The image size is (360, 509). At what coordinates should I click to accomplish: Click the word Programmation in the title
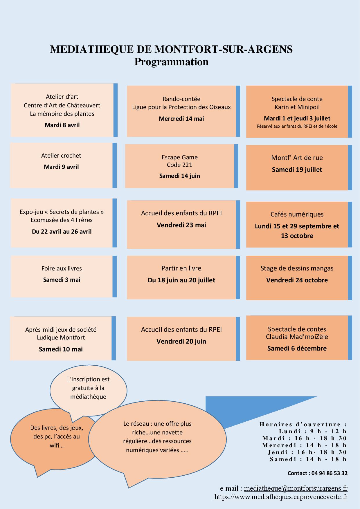[171, 62]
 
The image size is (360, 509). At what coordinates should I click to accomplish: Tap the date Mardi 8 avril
[62, 125]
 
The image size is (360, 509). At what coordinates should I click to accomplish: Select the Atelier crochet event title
[61, 156]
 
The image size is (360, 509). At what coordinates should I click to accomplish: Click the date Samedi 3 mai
[62, 280]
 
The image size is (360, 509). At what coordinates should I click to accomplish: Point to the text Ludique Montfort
[61, 337]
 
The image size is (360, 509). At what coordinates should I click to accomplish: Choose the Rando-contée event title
[181, 99]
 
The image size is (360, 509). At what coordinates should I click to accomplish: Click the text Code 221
[179, 165]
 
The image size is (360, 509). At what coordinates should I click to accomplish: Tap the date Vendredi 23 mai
[181, 225]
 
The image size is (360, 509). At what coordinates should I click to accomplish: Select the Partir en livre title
[181, 268]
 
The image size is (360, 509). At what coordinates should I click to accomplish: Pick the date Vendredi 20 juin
[181, 341]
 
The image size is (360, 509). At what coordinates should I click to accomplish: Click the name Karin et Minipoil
[297, 107]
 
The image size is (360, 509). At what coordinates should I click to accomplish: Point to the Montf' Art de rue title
[297, 158]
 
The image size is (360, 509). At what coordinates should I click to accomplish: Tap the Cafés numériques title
[297, 214]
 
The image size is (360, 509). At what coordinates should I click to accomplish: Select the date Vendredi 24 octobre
[297, 280]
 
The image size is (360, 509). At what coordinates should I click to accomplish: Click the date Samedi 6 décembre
[297, 348]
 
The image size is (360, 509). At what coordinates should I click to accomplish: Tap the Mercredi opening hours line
[304, 445]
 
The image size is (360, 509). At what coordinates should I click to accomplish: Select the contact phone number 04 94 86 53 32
[329, 473]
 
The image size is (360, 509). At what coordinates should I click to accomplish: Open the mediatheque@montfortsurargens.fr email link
[296, 489]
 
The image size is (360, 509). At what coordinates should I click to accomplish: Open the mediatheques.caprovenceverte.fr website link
[280, 497]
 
